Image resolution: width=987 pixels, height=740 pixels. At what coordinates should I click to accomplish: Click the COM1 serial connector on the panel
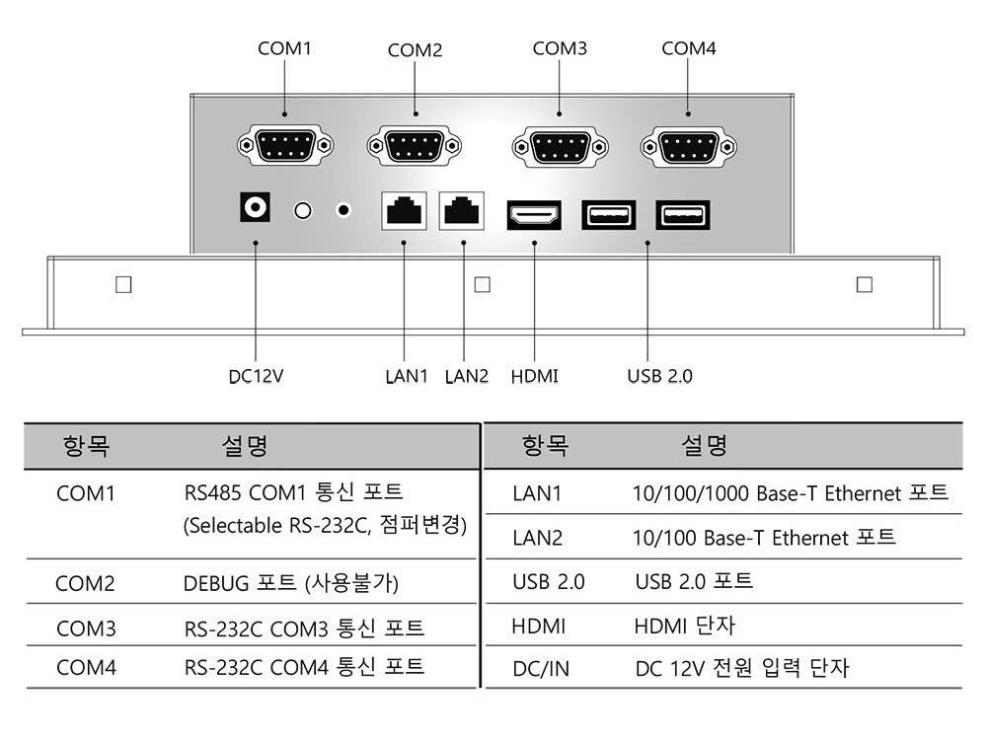point(285,146)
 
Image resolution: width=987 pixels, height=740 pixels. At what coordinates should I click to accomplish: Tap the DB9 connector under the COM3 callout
point(561,147)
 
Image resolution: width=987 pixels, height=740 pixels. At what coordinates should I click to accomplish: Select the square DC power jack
point(255,207)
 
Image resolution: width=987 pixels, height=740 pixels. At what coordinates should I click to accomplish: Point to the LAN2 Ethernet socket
point(461,211)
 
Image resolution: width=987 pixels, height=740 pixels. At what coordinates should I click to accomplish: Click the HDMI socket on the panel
point(534,215)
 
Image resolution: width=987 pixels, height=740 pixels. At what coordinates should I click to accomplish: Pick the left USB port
point(609,215)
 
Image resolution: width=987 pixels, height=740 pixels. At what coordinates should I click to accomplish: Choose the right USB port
point(683,215)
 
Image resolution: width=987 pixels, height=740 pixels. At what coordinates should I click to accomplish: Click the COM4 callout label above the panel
point(689,48)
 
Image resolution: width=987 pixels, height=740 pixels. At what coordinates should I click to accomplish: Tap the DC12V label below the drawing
point(256,376)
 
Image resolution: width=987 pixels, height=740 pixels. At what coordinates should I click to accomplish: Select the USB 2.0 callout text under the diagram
point(659,376)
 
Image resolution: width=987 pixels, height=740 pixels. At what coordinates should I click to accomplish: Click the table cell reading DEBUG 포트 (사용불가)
point(291,583)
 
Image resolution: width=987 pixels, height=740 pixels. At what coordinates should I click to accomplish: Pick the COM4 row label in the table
point(86,667)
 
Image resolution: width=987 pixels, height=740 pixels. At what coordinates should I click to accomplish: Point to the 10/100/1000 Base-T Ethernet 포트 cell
point(790,492)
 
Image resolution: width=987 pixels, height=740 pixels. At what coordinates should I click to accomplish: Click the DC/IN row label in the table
point(541,668)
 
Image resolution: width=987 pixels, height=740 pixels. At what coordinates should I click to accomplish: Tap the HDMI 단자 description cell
point(684,626)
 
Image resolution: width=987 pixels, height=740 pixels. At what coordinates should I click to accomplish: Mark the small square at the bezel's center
point(483,284)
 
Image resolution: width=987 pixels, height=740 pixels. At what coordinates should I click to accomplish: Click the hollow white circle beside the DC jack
point(303,210)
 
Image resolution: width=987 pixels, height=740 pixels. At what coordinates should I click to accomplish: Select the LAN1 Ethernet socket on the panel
point(404,211)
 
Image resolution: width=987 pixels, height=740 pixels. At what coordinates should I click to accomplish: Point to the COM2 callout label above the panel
point(415,50)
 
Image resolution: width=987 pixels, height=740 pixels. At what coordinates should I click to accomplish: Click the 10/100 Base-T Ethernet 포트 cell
point(764,538)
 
